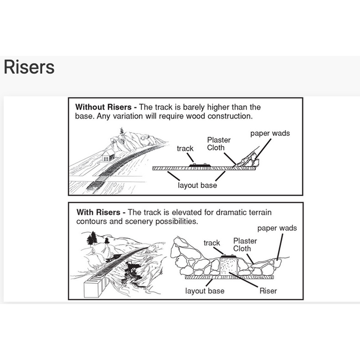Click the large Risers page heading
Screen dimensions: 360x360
tap(29, 67)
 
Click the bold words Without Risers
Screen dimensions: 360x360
tap(104, 107)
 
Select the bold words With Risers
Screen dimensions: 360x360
tap(98, 212)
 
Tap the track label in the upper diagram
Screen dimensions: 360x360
tap(185, 148)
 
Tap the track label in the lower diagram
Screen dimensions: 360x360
tap(212, 243)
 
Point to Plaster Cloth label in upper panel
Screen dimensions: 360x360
tap(219, 144)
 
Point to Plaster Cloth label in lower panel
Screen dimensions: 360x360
tap(245, 245)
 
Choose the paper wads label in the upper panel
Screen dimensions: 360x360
tap(270, 133)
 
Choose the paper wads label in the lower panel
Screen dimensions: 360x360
tap(277, 228)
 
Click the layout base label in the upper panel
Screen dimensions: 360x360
tap(197, 186)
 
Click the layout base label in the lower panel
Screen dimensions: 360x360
tap(205, 291)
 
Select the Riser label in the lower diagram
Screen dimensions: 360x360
tap(268, 291)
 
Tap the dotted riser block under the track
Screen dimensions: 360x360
tap(228, 266)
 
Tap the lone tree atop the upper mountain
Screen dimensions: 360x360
tap(122, 131)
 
